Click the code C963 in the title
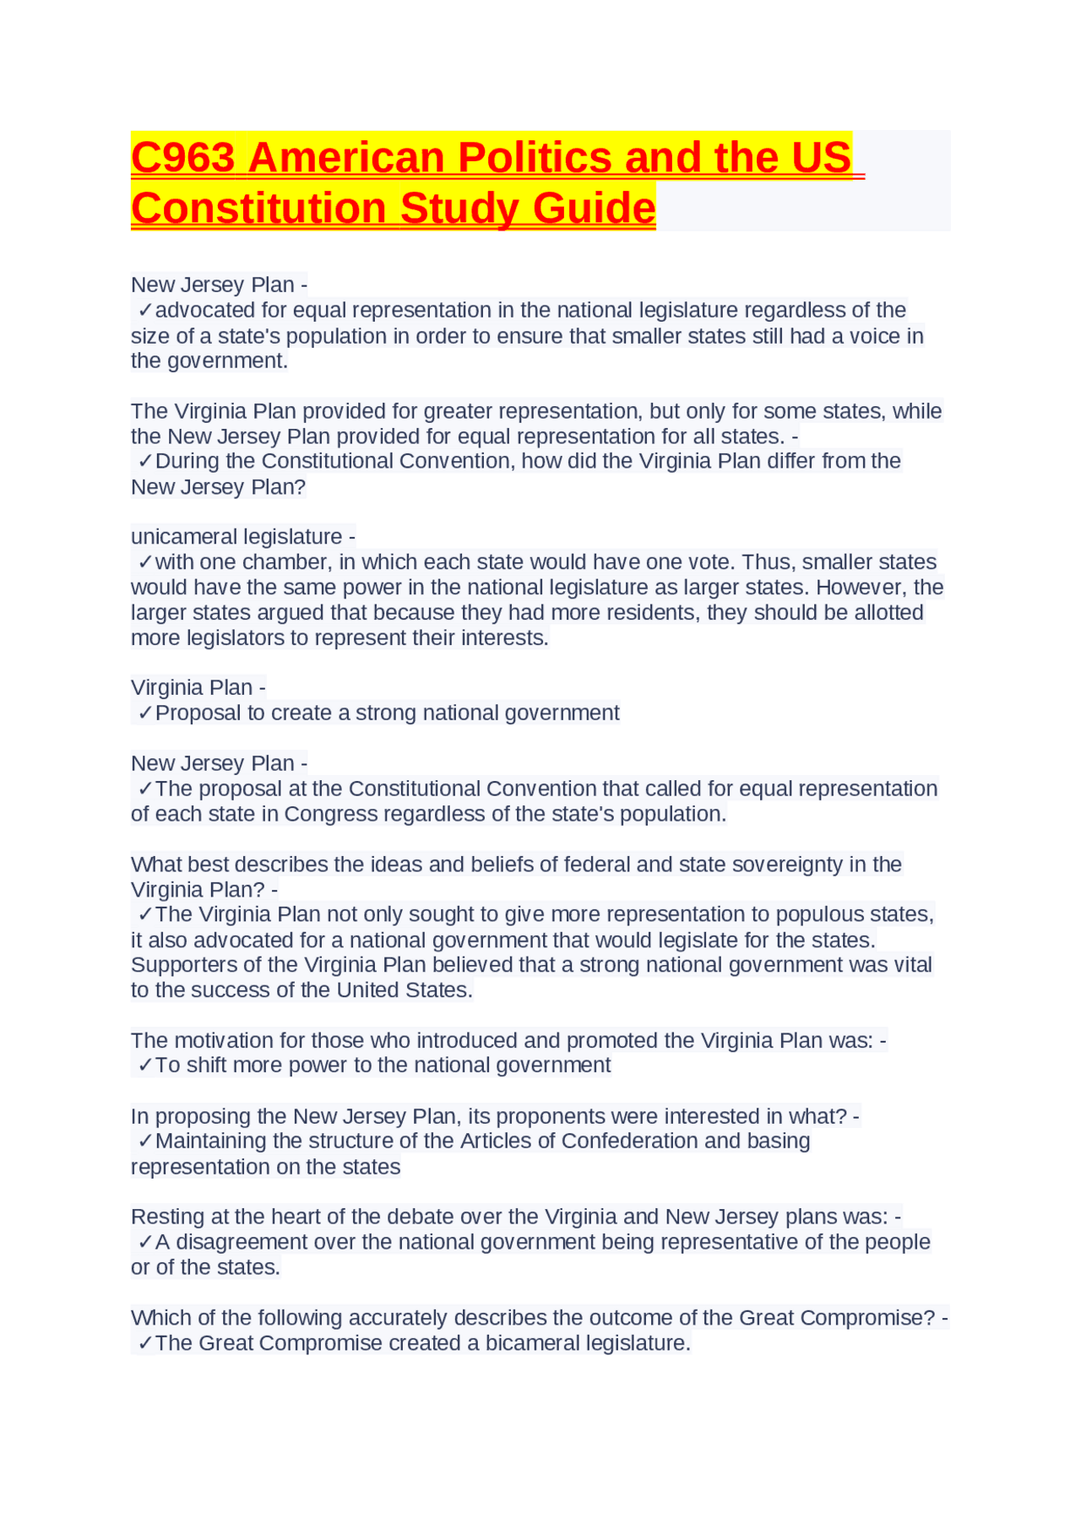pos(182,158)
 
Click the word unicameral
pos(182,537)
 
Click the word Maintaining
pos(210,1141)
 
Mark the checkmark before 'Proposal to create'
pos(145,713)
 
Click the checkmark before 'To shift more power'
pos(145,1065)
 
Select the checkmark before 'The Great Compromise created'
pos(145,1343)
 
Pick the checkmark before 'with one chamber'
pos(145,562)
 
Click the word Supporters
pos(177,965)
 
